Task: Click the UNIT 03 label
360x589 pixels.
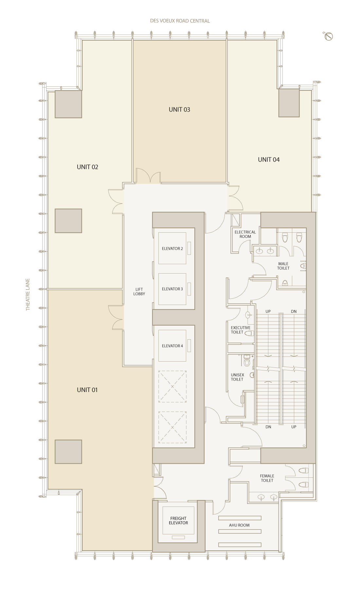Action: [x=179, y=110]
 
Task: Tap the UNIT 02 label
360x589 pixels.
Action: [x=87, y=167]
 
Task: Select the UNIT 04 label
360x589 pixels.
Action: [x=269, y=160]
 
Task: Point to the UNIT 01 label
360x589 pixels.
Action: [x=87, y=390]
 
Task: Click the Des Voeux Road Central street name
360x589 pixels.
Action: [x=180, y=21]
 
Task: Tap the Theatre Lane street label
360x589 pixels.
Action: [x=28, y=294]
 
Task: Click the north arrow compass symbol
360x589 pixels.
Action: [x=329, y=36]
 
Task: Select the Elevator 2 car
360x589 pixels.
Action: [x=172, y=248]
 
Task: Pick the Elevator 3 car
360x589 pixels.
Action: [x=172, y=289]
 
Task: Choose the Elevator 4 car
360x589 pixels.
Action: [x=172, y=346]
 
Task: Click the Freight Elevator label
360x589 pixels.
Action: [x=178, y=521]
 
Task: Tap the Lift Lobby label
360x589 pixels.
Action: [x=139, y=292]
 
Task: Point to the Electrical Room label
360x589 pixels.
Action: [x=245, y=234]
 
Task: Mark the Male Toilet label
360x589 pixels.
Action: [x=283, y=266]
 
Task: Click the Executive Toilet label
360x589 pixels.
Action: [x=241, y=330]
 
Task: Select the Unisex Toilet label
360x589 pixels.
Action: [x=237, y=377]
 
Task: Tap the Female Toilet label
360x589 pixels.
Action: [x=267, y=478]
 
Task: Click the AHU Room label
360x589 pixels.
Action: [x=239, y=525]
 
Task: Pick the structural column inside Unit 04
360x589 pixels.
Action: [x=289, y=103]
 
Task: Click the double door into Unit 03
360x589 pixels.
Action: [x=148, y=176]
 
